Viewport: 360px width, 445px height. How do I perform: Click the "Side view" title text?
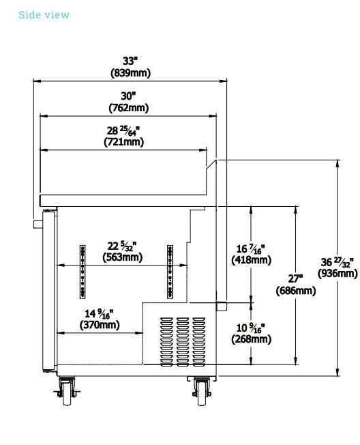click(x=44, y=15)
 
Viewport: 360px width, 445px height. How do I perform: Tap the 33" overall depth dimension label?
click(x=130, y=61)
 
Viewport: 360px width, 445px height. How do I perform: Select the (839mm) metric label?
click(x=130, y=73)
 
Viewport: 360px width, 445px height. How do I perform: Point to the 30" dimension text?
click(x=128, y=96)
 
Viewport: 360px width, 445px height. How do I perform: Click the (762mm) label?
click(x=129, y=108)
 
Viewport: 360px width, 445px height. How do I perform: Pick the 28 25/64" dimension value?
click(x=123, y=130)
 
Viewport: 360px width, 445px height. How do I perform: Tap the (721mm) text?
click(x=124, y=141)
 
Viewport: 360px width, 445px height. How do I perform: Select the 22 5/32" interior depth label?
click(x=122, y=246)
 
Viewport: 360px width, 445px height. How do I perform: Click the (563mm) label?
click(x=123, y=257)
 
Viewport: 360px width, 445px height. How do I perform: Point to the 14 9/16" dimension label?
click(x=100, y=313)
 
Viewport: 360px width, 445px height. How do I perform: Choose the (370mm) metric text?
click(x=100, y=325)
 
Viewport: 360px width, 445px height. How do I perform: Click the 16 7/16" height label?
click(x=251, y=249)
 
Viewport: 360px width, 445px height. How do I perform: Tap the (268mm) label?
click(x=252, y=339)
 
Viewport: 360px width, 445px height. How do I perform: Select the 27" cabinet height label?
click(x=295, y=278)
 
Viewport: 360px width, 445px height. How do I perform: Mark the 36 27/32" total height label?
click(x=337, y=262)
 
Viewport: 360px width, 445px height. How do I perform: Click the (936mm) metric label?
click(x=337, y=274)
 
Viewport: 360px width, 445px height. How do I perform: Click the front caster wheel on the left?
click(x=67, y=392)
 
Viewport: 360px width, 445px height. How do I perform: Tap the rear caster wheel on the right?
click(x=202, y=392)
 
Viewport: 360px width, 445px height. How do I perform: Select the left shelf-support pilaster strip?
click(x=82, y=272)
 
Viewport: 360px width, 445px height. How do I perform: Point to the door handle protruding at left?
click(x=37, y=224)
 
